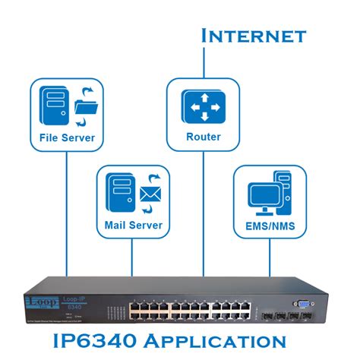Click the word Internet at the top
(x=253, y=35)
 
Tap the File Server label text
(x=67, y=137)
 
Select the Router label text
(x=203, y=137)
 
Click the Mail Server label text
(x=133, y=225)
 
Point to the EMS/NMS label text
(x=270, y=225)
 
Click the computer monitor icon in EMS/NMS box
(x=262, y=197)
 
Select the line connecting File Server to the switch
(x=67, y=213)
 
